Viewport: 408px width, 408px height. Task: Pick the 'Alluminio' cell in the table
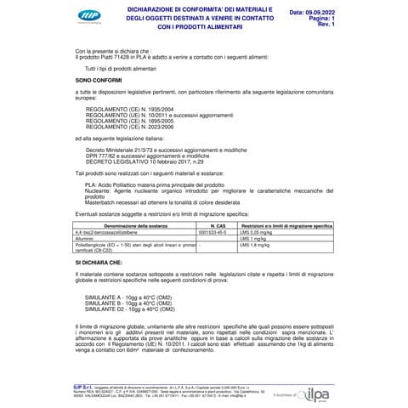pyautogui.click(x=88, y=215)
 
